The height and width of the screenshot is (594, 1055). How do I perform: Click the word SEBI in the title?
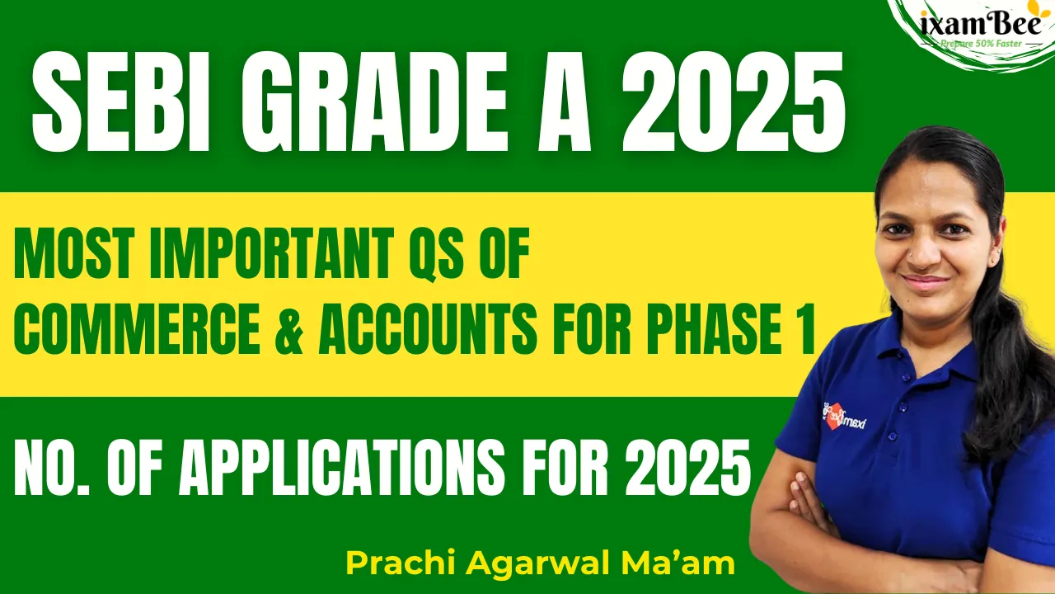[120, 101]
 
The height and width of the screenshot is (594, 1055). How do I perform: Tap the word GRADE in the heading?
[375, 101]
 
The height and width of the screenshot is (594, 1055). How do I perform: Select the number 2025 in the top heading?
[734, 101]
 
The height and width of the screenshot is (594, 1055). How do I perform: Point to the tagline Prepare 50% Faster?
[981, 44]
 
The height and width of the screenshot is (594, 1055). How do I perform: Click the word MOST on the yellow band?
[72, 252]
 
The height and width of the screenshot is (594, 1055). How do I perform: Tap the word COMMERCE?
[137, 328]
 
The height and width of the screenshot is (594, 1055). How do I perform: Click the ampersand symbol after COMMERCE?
[288, 328]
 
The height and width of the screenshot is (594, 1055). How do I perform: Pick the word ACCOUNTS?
[428, 328]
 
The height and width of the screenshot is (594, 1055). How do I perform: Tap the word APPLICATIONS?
[341, 467]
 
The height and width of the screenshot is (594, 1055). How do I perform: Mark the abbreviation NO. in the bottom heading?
[52, 467]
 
